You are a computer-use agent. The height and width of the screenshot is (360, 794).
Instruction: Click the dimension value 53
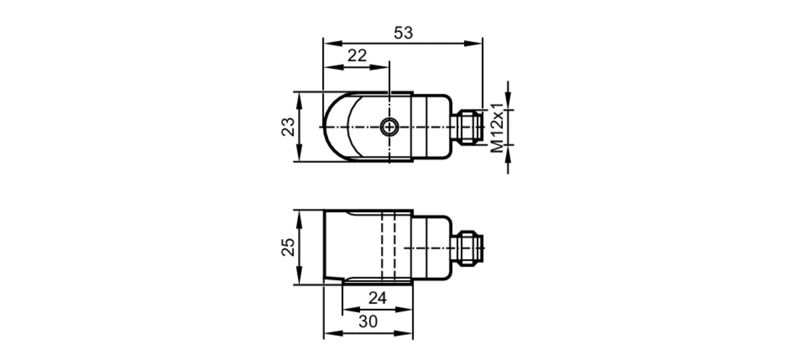[403, 33]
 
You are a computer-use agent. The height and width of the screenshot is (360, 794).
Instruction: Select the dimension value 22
[357, 56]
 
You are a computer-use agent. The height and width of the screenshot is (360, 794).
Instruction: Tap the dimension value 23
[289, 127]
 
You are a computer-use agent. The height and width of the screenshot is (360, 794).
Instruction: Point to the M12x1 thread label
[496, 128]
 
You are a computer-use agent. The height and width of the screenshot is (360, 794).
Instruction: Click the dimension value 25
[289, 247]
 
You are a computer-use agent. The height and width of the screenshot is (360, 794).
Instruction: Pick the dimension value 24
[377, 298]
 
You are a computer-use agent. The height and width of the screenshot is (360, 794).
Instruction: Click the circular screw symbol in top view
[389, 127]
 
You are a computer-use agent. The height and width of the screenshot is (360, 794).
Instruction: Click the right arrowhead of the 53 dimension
[475, 43]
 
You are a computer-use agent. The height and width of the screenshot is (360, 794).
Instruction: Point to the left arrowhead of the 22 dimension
[331, 67]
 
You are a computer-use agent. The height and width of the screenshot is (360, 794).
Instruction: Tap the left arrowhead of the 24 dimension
[350, 310]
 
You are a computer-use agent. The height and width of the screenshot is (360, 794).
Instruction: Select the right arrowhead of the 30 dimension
[405, 333]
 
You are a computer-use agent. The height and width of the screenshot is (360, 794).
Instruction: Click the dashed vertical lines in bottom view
[388, 246]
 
